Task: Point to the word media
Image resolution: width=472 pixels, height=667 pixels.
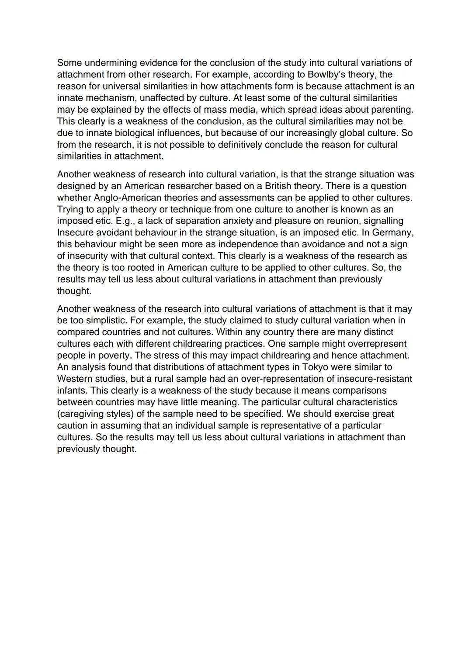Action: [260, 109]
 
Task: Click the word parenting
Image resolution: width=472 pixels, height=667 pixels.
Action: [392, 109]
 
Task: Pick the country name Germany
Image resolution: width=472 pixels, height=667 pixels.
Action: [393, 232]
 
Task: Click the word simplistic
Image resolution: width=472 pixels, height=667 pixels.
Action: [101, 320]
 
